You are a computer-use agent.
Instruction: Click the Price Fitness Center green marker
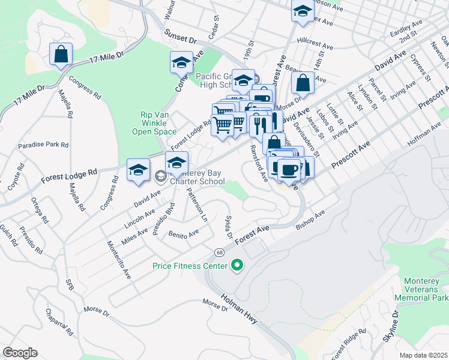pyautogui.click(x=237, y=265)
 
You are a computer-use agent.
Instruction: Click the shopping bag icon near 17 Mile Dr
pyautogui.click(x=61, y=55)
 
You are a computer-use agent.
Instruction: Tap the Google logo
pyautogui.click(x=20, y=353)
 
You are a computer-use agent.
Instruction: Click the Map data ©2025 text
pyautogui.click(x=423, y=355)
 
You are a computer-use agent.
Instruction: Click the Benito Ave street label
pyautogui.click(x=183, y=234)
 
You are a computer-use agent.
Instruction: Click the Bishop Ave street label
pyautogui.click(x=311, y=220)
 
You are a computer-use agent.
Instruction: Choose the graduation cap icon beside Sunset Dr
pyautogui.click(x=181, y=62)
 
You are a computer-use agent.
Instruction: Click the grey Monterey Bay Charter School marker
pyautogui.click(x=160, y=176)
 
